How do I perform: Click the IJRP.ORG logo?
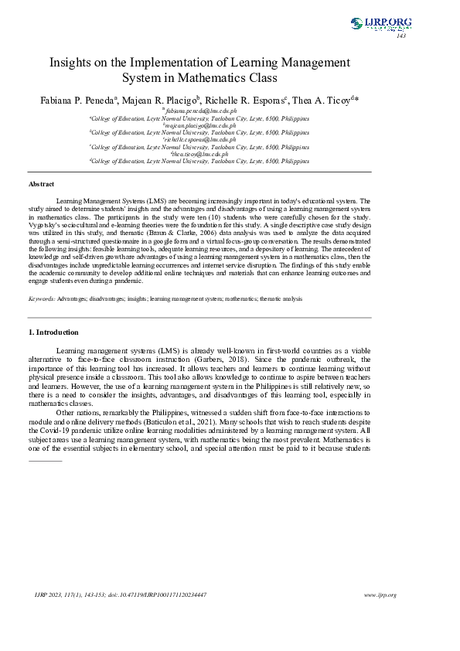[380, 23]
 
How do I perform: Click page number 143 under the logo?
[400, 36]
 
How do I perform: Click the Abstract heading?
[42, 184]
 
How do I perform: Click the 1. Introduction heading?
[53, 332]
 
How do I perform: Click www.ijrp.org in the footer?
[380, 595]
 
